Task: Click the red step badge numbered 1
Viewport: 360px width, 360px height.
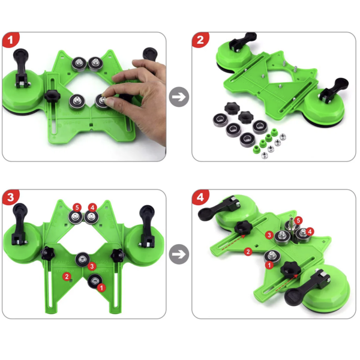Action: pyautogui.click(x=11, y=40)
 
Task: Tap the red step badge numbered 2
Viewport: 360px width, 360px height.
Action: pyautogui.click(x=200, y=40)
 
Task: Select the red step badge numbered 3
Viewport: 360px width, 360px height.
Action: pyautogui.click(x=11, y=197)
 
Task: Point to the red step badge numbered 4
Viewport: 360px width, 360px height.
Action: pyautogui.click(x=200, y=197)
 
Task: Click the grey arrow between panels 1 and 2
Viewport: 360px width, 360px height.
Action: pyautogui.click(x=179, y=97)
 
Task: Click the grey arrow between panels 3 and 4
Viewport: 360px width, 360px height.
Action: pyautogui.click(x=179, y=254)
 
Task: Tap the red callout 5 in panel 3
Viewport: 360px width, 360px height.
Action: pyautogui.click(x=77, y=208)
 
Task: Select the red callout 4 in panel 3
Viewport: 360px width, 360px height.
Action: pyautogui.click(x=92, y=208)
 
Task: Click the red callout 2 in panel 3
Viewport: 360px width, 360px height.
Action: pyautogui.click(x=67, y=277)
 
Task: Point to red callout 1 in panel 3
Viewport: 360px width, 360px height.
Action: pyautogui.click(x=101, y=287)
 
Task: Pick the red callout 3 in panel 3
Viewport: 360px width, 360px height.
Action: pyautogui.click(x=92, y=266)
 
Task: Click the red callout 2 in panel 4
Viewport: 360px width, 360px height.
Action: pyautogui.click(x=248, y=251)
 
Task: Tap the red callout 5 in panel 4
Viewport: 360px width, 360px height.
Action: pyautogui.click(x=298, y=221)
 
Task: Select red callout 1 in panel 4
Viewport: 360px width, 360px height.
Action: pyautogui.click(x=269, y=265)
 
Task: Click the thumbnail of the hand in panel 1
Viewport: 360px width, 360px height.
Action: pyautogui.click(x=110, y=101)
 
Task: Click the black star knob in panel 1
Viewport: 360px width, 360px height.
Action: pyautogui.click(x=52, y=97)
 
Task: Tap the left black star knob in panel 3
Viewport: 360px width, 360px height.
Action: pyautogui.click(x=48, y=253)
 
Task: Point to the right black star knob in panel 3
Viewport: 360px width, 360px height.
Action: pyautogui.click(x=118, y=255)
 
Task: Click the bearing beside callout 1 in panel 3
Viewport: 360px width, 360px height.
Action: pyautogui.click(x=94, y=281)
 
